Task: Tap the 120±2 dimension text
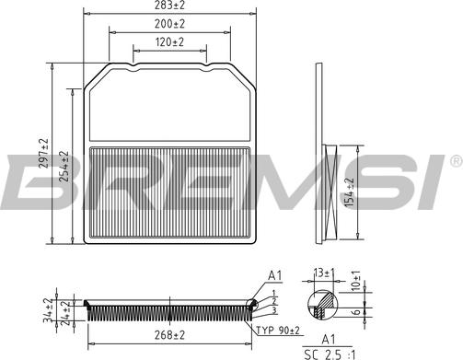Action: pyautogui.click(x=168, y=42)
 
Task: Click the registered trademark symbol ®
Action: pyautogui.click(x=455, y=162)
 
